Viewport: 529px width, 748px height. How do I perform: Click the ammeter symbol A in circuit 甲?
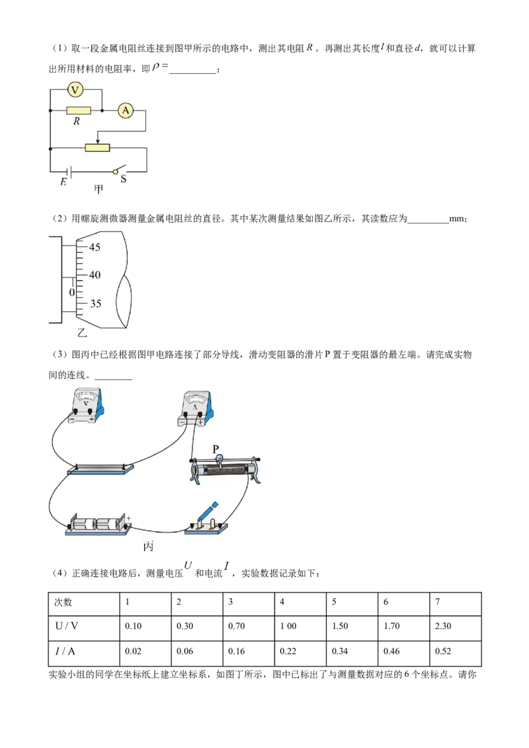(125, 111)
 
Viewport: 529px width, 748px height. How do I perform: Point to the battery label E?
(63, 182)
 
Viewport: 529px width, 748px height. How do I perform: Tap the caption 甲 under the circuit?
(99, 190)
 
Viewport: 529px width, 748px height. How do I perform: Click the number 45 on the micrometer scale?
(95, 247)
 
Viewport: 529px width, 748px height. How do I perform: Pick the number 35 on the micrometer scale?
(95, 304)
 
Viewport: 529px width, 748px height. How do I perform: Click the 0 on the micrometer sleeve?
(72, 291)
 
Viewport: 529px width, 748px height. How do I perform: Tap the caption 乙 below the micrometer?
(82, 333)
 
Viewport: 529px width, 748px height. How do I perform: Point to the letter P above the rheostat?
(216, 449)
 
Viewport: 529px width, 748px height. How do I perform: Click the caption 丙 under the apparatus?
(149, 546)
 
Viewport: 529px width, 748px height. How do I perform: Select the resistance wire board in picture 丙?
(101, 470)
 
